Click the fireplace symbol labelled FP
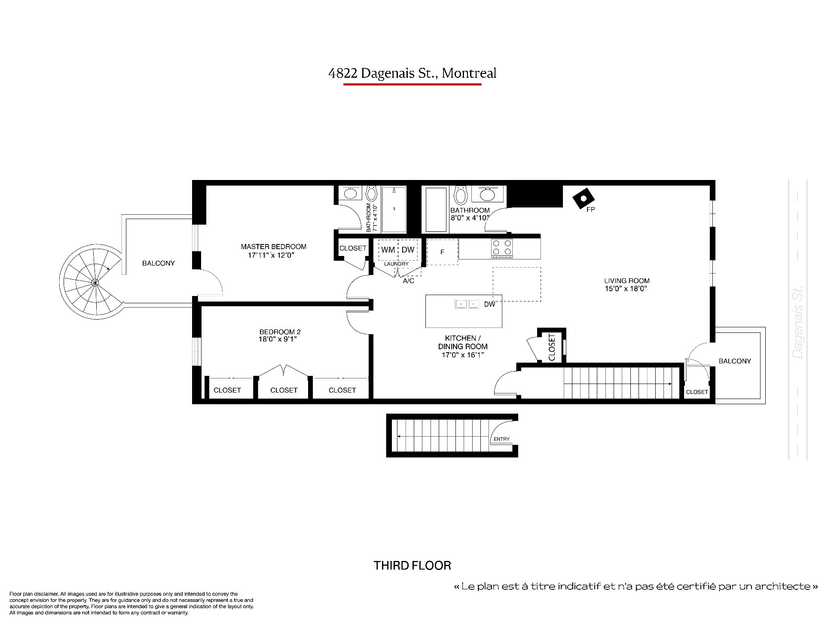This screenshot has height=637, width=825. pos(584,198)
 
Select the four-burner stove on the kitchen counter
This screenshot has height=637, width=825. pos(502,248)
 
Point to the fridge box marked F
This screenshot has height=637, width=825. pos(442,252)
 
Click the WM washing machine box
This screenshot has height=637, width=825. pos(388,250)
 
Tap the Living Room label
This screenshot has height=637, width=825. pos(627,281)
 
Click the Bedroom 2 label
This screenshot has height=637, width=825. pos(280,332)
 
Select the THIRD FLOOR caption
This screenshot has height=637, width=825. pos(412,565)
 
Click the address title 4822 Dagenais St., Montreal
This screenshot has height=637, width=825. pos(412,73)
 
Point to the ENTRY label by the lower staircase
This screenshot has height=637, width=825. pos(501,439)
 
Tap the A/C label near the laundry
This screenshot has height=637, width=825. pos(408,281)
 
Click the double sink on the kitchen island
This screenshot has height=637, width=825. pos(467,304)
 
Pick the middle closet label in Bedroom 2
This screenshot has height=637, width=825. pos(284,390)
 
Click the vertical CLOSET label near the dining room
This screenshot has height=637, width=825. pos(552,347)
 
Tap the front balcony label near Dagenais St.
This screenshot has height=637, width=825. pos(735,361)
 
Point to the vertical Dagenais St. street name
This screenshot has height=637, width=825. pos(798,323)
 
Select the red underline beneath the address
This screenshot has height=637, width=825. pos(412,85)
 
